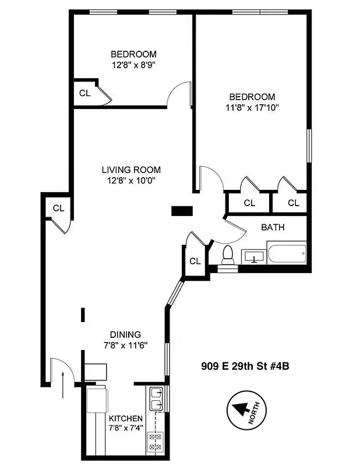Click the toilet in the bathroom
pos(228,256)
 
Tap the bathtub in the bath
pos(286,255)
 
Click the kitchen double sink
pos(156,398)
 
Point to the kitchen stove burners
pos(156,440)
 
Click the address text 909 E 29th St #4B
pos(246,366)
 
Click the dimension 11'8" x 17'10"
pos(252,107)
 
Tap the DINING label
pos(125,334)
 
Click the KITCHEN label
pos(125,419)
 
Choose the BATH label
pos(273,227)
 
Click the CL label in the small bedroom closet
pos(84,93)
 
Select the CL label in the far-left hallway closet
pos(58,207)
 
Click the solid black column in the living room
pos(182,211)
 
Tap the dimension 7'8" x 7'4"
pos(125,429)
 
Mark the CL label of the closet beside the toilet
pos(195,261)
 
